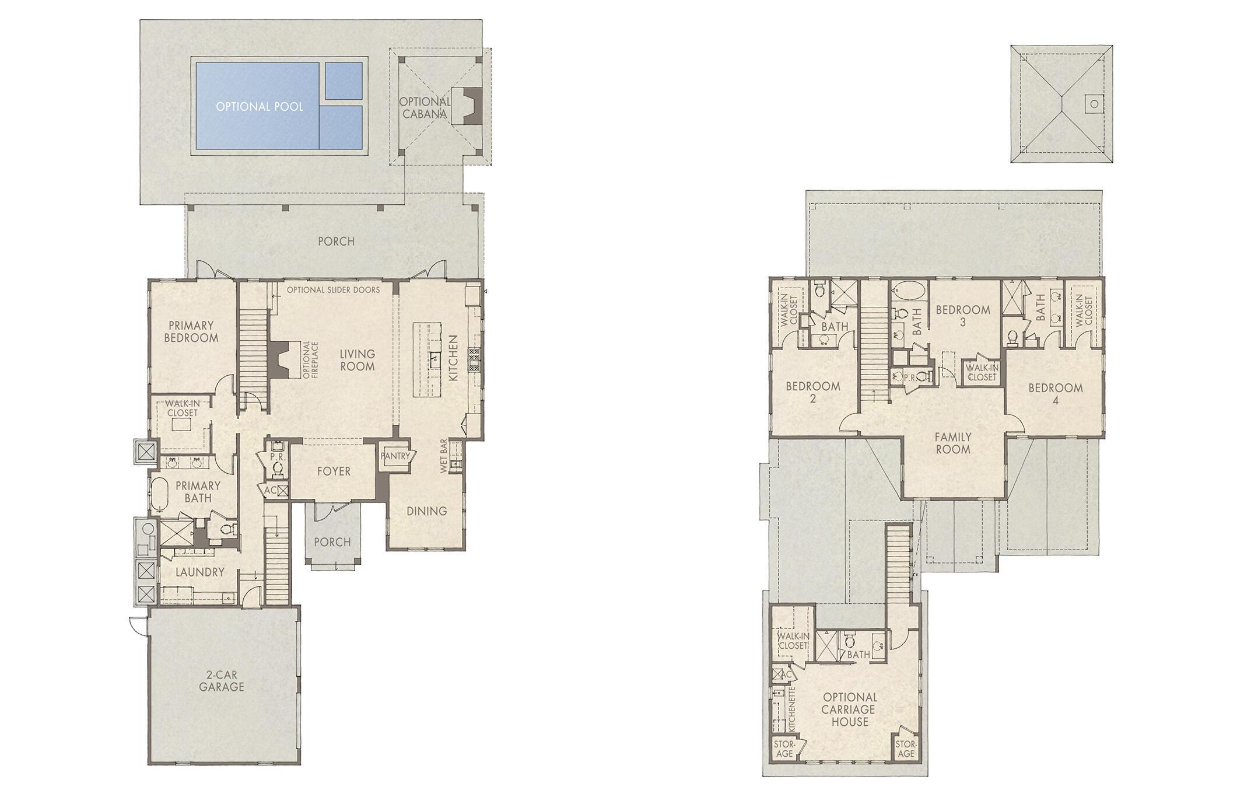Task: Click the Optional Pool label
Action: pos(259,107)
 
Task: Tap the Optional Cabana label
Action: pos(425,108)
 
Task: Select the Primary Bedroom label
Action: pos(191,331)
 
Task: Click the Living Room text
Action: pos(357,360)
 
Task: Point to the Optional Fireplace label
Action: pos(311,360)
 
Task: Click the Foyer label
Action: pos(334,471)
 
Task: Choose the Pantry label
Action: pos(395,456)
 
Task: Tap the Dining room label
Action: pos(426,511)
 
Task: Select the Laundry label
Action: pos(199,572)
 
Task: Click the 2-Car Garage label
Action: pos(221,681)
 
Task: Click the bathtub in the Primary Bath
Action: pos(159,494)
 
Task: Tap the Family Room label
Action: pos(953,443)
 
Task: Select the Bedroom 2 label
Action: pos(812,392)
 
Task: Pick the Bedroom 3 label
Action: pos(962,316)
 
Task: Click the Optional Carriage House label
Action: pos(850,709)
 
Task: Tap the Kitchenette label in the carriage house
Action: pos(792,709)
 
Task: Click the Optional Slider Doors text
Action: pos(333,290)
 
